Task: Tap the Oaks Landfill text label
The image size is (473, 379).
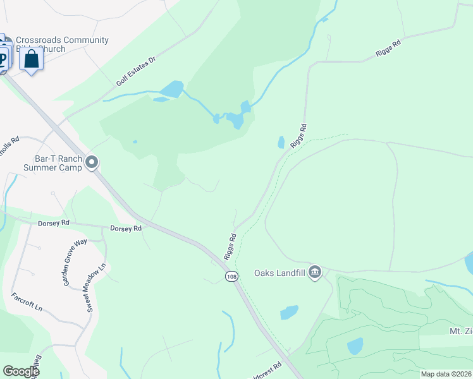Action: point(280,273)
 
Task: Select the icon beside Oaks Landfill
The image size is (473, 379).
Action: point(315,272)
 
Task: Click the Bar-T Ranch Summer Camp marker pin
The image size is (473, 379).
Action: point(92,163)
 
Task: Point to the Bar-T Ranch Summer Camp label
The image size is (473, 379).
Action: point(53,163)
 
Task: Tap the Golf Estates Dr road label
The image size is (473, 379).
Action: point(135,71)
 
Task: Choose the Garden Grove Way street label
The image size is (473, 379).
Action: point(75,262)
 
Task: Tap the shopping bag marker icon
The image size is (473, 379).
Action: point(30,59)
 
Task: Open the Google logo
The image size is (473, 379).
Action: point(21,371)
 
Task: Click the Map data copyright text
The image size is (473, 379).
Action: point(446,374)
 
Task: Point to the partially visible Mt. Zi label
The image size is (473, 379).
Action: point(458,331)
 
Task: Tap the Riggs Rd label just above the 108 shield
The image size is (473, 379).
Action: point(230,246)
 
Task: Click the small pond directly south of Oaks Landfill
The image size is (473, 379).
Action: point(288,312)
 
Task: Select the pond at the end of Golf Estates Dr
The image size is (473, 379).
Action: point(171,89)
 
